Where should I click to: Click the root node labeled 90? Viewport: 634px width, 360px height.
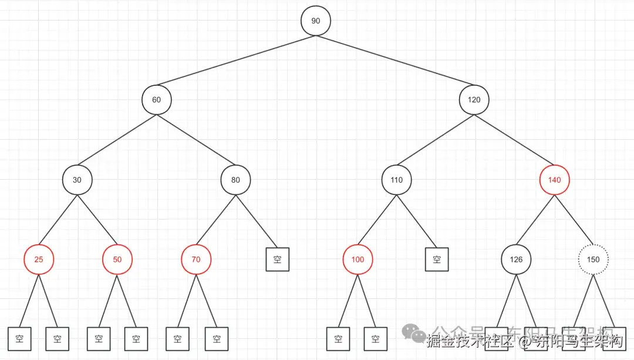(316, 21)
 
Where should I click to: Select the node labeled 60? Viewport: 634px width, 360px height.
(156, 99)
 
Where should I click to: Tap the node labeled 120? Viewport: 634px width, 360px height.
(474, 99)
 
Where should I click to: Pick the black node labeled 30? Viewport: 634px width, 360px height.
(77, 180)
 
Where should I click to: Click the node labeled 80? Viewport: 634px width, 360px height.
(235, 180)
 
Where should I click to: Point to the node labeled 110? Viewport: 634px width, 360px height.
(397, 180)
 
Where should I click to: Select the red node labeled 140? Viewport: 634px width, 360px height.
(554, 180)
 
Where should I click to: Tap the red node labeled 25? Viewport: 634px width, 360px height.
(39, 259)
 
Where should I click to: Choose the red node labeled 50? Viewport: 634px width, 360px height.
(117, 259)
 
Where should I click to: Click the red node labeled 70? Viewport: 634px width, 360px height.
(196, 259)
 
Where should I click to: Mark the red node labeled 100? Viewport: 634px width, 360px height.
(358, 259)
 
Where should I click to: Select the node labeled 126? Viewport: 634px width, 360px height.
(516, 259)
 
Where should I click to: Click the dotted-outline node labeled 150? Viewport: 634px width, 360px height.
(593, 259)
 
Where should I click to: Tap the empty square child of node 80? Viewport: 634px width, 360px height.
(278, 259)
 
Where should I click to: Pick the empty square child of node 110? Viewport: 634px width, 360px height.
(437, 259)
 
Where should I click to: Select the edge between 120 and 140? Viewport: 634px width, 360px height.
(514, 139)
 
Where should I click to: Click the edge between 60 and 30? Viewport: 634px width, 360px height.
(117, 139)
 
